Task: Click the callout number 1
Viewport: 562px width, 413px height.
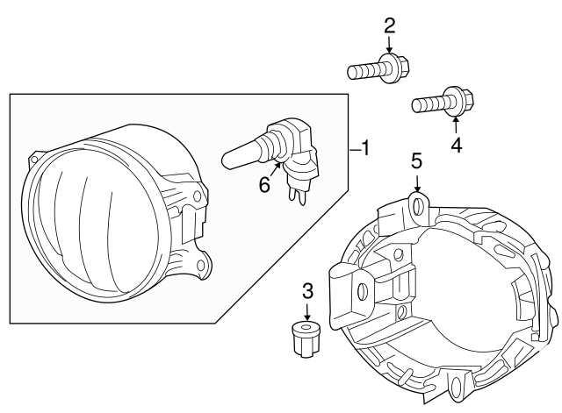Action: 365,148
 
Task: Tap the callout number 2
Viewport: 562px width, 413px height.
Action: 389,25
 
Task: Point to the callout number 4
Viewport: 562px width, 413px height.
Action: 457,146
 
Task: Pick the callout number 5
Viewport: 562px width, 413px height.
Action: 416,161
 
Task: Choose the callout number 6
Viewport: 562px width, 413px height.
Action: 264,185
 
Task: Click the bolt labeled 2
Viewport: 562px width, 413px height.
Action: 378,69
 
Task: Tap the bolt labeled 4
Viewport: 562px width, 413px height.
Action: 443,102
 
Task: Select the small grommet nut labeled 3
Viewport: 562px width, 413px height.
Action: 305,339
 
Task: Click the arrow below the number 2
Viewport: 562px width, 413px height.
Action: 389,45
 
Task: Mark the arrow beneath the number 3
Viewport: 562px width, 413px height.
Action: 307,311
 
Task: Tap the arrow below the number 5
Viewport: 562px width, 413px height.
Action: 416,182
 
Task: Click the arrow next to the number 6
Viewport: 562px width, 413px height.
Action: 275,169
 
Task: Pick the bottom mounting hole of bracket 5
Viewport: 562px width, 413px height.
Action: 458,384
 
